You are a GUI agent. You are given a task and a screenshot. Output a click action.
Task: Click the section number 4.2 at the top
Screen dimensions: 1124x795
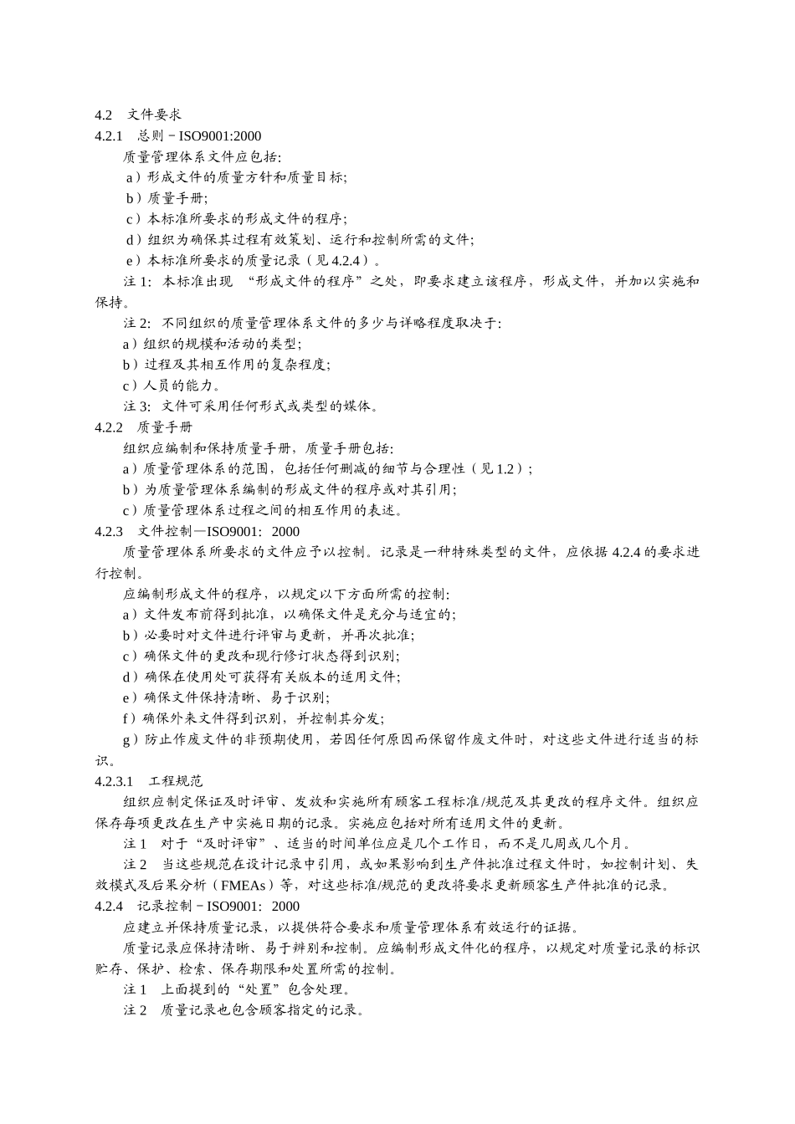pos(103,115)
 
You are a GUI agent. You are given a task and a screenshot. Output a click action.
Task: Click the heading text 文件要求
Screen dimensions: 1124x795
pos(154,115)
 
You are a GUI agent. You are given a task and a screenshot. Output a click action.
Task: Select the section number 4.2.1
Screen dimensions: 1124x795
pos(109,135)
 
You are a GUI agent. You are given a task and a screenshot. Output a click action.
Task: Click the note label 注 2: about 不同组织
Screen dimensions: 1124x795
pos(138,323)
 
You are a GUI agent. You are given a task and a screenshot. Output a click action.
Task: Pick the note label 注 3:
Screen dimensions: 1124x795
pos(138,406)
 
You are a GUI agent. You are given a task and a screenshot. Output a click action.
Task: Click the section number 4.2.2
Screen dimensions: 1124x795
pos(109,427)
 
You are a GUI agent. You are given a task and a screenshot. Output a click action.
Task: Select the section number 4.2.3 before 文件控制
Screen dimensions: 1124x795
pos(109,531)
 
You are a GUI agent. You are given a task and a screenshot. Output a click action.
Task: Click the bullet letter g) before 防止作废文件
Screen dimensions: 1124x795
pos(131,739)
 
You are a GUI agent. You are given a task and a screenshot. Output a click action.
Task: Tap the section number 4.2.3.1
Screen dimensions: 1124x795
pos(115,781)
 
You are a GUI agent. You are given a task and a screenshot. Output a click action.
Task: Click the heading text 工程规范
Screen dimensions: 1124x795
pos(176,781)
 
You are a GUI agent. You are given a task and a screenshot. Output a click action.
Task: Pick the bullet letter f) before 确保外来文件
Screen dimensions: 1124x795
pos(130,718)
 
